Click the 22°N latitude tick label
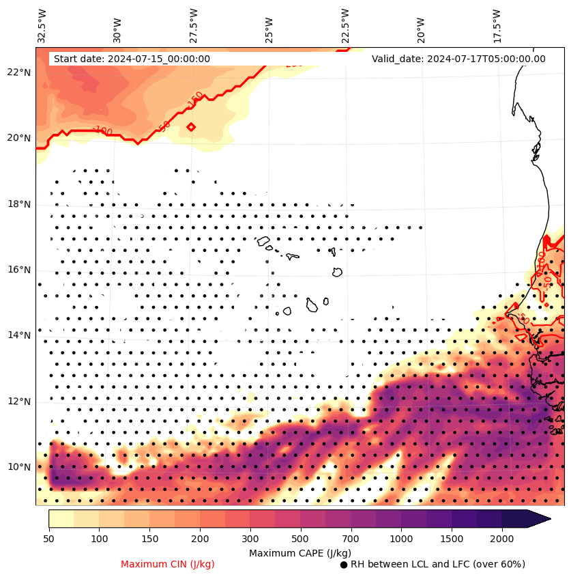coord(20,72)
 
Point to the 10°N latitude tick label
coord(20,467)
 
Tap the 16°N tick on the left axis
coord(20,270)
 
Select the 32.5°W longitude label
coord(42,25)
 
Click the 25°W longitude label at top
coord(269,29)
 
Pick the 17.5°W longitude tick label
coord(496,25)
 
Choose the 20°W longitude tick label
coord(420,29)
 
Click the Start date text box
coord(132,59)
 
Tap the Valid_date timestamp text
coord(458,59)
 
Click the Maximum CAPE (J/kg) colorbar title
coord(300,552)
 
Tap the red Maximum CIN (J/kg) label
coord(168,564)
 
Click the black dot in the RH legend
coord(344,565)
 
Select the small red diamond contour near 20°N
coord(191,126)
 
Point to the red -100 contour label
coord(102,130)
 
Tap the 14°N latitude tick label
coord(20,335)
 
